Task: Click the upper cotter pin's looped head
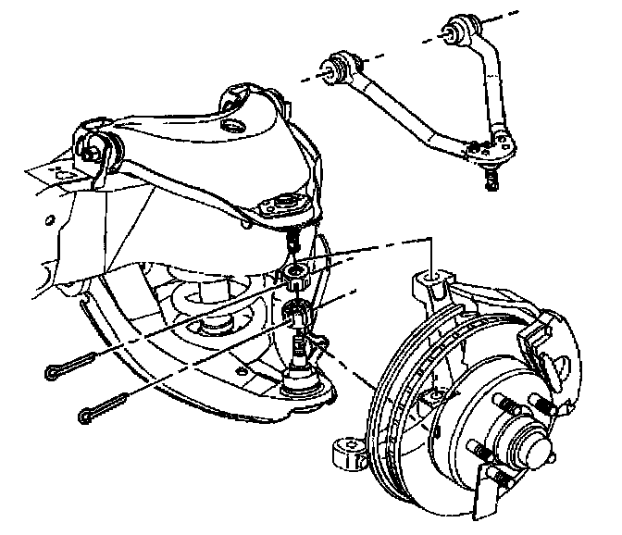coord(53,371)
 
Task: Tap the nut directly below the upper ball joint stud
coord(295,272)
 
